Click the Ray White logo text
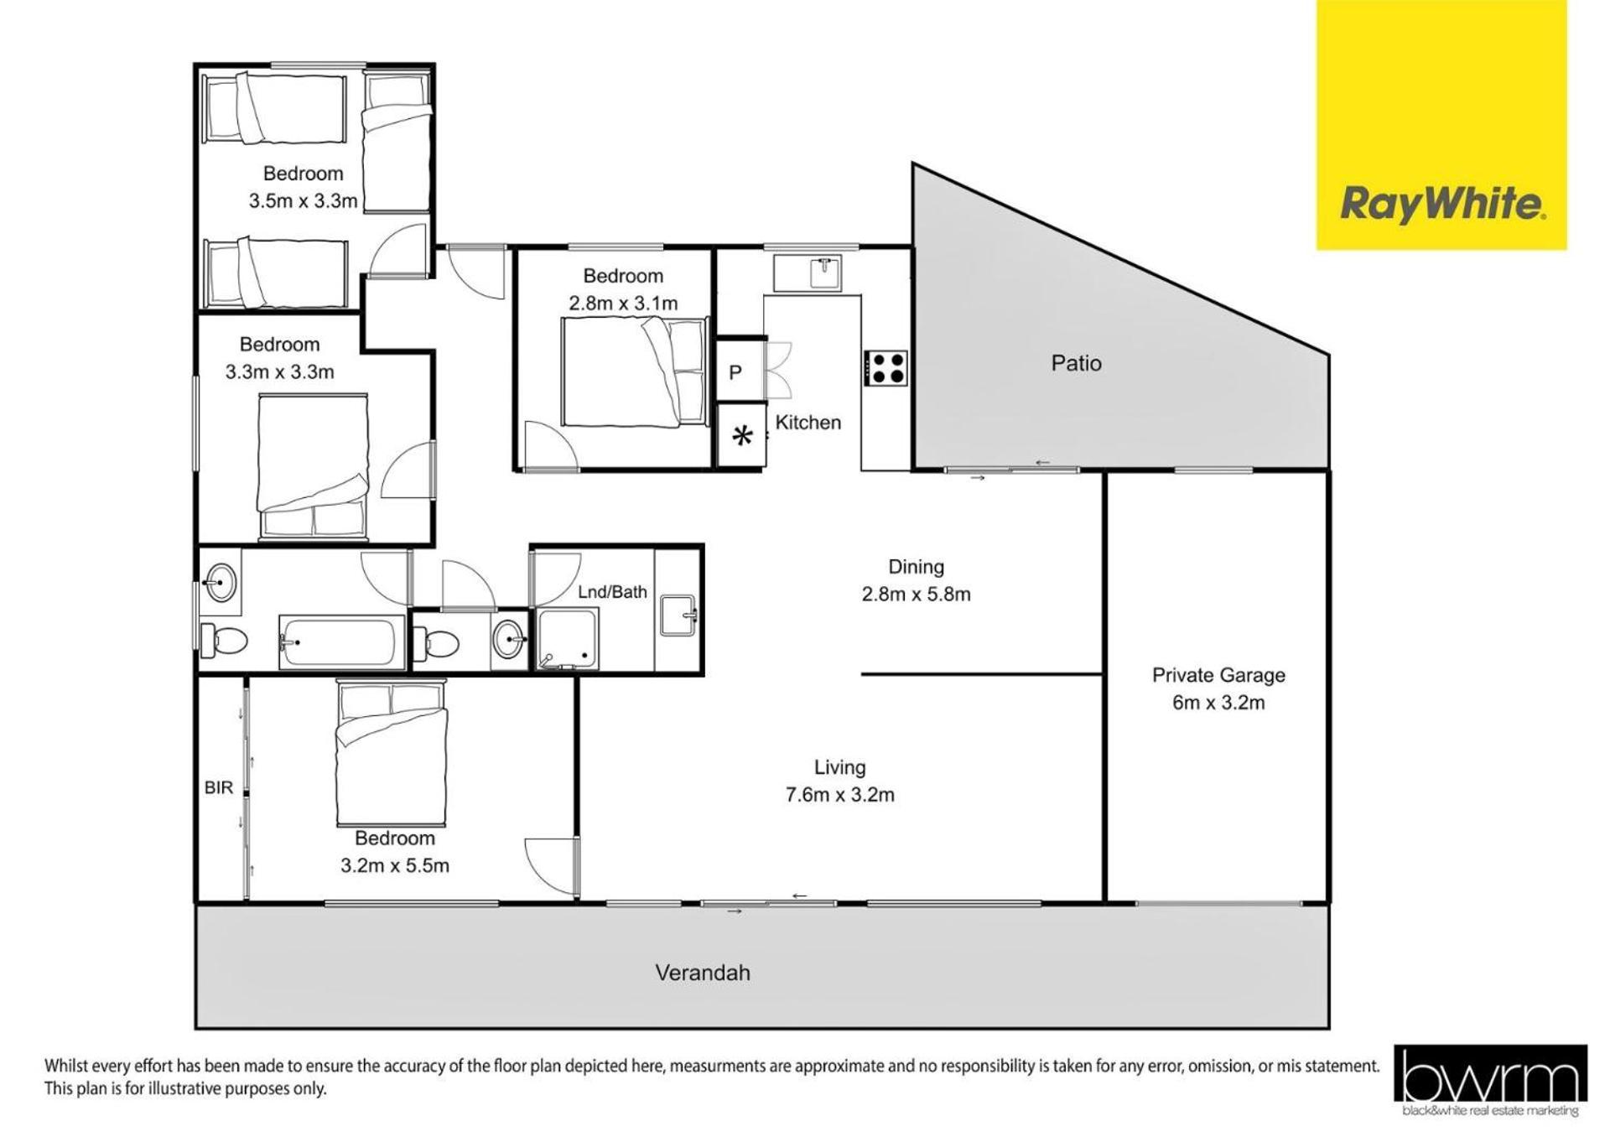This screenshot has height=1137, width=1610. [1442, 205]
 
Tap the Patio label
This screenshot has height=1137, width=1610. [1076, 363]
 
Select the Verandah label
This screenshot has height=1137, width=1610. [702, 973]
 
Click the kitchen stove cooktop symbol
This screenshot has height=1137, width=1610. [886, 368]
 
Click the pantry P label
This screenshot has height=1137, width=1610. [735, 372]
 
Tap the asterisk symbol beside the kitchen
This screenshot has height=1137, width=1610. [742, 435]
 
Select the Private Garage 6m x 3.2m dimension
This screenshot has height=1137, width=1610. [1218, 703]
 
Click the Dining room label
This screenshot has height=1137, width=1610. [916, 567]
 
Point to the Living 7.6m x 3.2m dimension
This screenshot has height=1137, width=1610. [839, 795]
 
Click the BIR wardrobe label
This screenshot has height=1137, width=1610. [219, 788]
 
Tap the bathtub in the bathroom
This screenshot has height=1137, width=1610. [337, 642]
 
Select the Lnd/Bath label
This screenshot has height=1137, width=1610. [612, 592]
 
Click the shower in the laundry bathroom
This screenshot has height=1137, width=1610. [568, 639]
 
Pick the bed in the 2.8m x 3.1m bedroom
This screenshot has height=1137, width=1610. [633, 372]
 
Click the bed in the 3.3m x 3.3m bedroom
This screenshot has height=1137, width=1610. [313, 465]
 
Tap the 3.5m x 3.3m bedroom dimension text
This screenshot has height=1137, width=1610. [303, 201]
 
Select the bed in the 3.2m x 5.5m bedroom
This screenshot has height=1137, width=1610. [392, 753]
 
